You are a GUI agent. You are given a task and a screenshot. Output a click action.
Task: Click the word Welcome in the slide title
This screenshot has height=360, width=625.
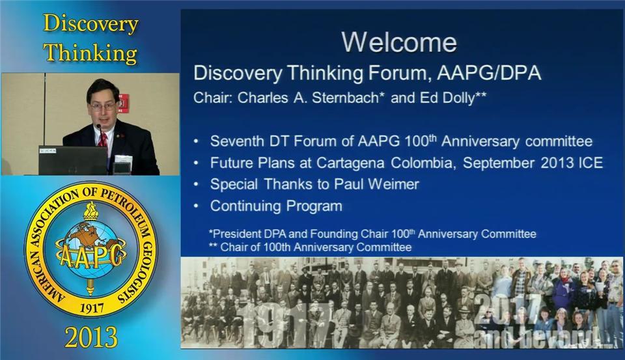(399, 42)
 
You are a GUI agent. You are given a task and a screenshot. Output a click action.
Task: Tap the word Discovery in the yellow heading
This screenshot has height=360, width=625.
(90, 24)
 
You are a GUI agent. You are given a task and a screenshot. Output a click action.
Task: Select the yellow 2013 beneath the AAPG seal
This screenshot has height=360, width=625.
(91, 337)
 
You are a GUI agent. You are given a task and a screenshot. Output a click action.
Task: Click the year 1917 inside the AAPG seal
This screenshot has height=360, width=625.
(92, 308)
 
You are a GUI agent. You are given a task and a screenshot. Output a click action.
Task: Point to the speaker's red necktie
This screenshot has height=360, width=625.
(103, 140)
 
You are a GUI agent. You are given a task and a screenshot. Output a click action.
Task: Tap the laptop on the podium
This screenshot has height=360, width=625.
(73, 160)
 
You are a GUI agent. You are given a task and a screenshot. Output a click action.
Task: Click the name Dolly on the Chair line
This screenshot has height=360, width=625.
(462, 98)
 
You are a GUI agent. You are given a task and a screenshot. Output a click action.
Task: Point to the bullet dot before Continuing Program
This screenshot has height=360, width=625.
(196, 206)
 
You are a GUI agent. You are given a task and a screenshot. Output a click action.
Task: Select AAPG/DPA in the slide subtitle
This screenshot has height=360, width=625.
(489, 73)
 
